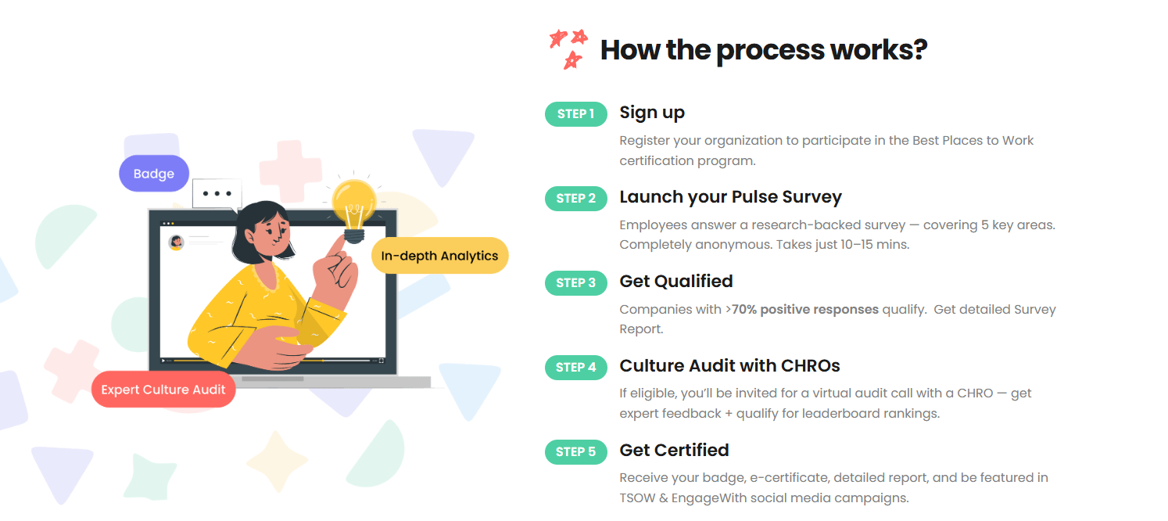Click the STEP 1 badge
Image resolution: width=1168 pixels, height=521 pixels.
pos(575,114)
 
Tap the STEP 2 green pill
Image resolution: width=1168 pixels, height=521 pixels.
pos(575,199)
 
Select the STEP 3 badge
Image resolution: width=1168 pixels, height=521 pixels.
pos(575,283)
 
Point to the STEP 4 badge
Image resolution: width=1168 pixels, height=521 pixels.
pos(575,368)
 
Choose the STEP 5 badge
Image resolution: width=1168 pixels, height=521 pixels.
pos(575,452)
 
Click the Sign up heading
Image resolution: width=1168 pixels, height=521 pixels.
pos(652,113)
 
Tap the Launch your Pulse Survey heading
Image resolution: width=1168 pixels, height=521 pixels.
pos(730,197)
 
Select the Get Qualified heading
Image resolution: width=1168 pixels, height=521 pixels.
pos(675,282)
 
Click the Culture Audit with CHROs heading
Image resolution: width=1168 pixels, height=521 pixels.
pos(729,366)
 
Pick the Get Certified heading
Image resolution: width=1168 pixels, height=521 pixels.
pos(674,451)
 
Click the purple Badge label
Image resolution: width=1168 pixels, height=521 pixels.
pos(154,174)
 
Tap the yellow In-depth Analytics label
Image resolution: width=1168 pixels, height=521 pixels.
pos(439,256)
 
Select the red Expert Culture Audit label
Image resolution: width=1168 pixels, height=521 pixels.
pos(163,390)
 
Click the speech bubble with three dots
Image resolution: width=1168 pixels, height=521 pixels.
pos(217,194)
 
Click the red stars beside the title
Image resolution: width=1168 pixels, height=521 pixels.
pos(568,48)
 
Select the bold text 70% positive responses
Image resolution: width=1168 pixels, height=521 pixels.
pos(804,309)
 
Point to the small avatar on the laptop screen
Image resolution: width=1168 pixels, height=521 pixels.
pos(176,242)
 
